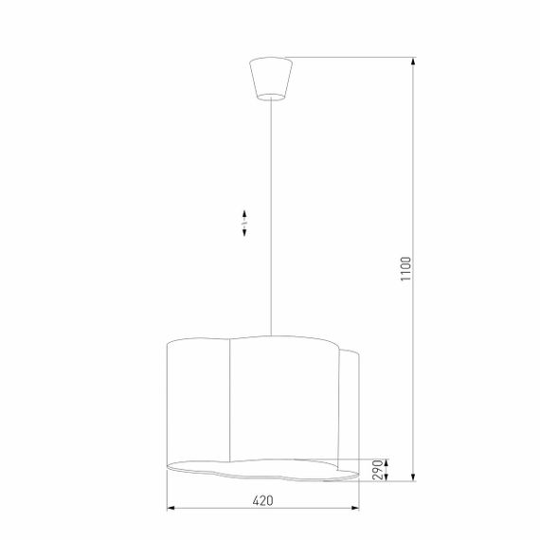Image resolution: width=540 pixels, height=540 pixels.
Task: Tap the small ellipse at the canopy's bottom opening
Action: tap(270, 96)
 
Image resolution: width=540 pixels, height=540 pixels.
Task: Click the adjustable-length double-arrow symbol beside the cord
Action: tap(244, 224)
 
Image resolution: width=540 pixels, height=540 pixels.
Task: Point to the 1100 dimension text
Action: tap(405, 271)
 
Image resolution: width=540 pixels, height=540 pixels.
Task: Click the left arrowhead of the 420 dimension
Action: tap(171, 511)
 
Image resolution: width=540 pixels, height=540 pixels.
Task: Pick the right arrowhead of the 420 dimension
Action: tap(357, 511)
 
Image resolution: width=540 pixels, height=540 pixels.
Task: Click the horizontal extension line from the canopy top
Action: tap(351, 57)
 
